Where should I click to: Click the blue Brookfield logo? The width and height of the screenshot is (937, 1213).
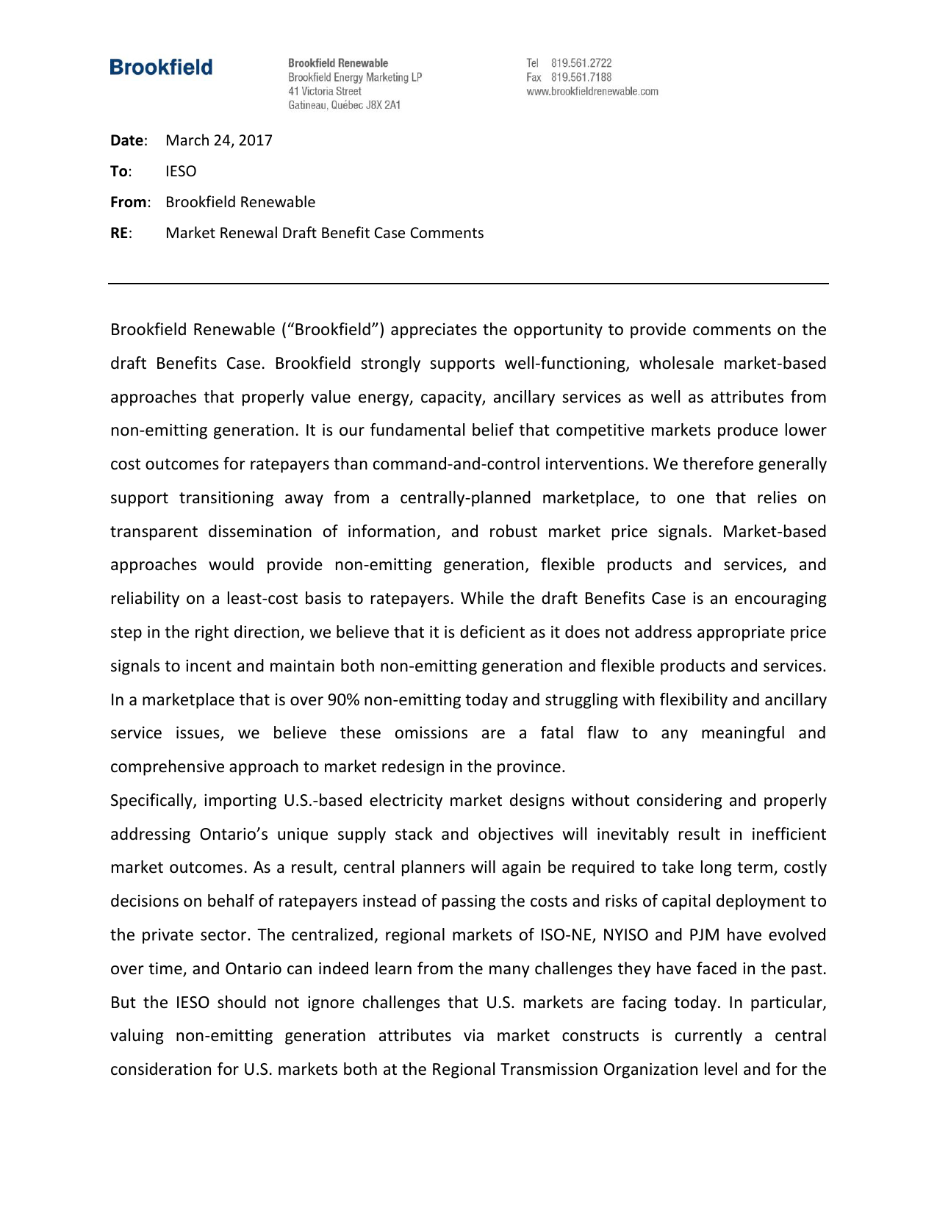click(x=161, y=68)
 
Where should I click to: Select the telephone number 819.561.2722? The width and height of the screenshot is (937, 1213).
click(x=581, y=63)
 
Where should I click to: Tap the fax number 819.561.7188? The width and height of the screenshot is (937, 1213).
click(x=581, y=77)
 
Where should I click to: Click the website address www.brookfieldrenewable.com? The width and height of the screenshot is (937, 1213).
click(x=592, y=91)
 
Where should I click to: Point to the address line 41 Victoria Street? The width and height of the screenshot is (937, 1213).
click(x=325, y=91)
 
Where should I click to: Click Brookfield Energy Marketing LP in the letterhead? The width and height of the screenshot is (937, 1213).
click(x=355, y=77)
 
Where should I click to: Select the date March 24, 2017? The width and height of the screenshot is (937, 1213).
click(x=219, y=140)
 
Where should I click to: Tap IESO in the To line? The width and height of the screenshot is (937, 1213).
click(x=181, y=171)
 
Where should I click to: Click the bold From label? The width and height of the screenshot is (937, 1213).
click(x=129, y=202)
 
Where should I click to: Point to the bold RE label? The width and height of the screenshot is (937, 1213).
click(x=121, y=233)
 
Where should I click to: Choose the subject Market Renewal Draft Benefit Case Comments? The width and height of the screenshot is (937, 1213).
click(x=324, y=233)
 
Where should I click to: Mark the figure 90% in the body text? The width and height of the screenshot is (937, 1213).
click(x=343, y=699)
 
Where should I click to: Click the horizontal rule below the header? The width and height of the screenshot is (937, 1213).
click(x=468, y=283)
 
